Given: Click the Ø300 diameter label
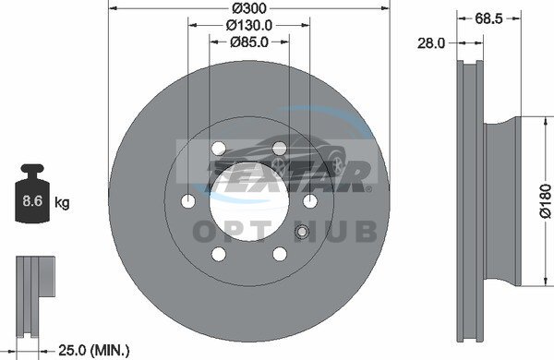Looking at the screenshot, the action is pos(249,7).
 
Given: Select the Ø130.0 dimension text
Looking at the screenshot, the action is pos(249,25).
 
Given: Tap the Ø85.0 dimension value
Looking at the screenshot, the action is pos(249,42).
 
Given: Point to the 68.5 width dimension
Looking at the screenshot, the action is pos(488,18).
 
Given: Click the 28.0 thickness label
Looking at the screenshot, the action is pos(431,43).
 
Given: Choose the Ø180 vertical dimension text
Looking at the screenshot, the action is pos(546,200).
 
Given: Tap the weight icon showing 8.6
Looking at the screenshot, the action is pos(32,193).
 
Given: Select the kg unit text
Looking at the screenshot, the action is pos(62,203).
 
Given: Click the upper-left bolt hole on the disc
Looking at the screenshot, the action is pos(219,148).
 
